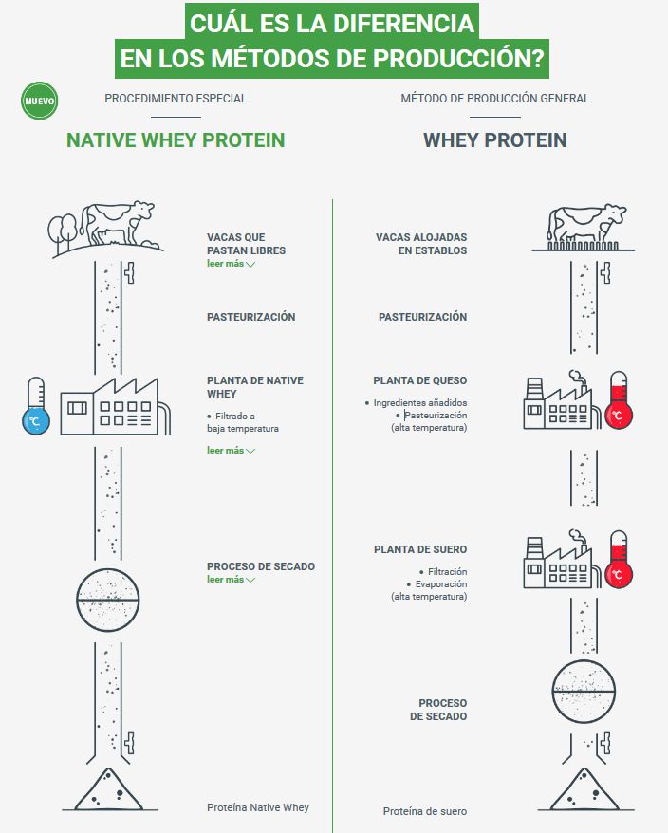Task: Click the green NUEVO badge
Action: click(x=39, y=101)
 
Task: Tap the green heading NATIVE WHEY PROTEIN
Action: click(x=176, y=140)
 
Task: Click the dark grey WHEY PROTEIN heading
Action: click(x=494, y=140)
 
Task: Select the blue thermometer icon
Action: click(x=36, y=406)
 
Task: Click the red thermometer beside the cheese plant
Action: click(x=619, y=400)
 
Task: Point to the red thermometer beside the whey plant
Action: click(x=619, y=559)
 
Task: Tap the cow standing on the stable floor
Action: click(x=586, y=223)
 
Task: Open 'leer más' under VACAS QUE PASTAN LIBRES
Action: click(x=232, y=264)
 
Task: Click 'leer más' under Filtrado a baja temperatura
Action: click(x=232, y=450)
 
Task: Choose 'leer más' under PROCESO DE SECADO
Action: click(x=232, y=579)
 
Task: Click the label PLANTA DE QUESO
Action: click(x=419, y=380)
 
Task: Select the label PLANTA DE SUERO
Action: click(x=420, y=549)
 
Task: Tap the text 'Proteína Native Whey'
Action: click(x=258, y=807)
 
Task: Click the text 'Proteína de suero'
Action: click(x=424, y=811)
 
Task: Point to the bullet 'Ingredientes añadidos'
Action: click(x=417, y=402)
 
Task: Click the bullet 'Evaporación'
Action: click(x=436, y=583)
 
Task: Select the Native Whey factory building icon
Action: click(x=115, y=406)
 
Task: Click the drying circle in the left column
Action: click(x=108, y=600)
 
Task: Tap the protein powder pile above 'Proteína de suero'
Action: click(x=584, y=789)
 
